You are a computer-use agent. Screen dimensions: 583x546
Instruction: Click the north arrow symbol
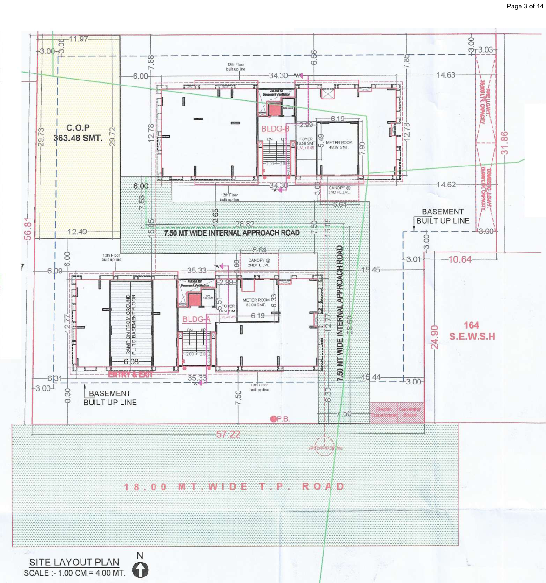point(140,569)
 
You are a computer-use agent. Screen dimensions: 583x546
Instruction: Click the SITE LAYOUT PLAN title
point(74,562)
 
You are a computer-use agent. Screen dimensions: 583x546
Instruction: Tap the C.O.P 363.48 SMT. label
point(78,132)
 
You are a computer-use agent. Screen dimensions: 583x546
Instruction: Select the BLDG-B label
point(275,129)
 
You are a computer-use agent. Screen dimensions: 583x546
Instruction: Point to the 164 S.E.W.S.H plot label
point(472,331)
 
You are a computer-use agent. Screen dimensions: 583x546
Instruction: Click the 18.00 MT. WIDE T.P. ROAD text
point(234,487)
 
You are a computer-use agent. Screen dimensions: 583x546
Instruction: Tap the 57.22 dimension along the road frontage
point(228,434)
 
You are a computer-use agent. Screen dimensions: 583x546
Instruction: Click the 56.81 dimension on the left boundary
point(28,229)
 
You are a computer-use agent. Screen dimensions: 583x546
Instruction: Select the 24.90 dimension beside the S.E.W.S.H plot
point(434,337)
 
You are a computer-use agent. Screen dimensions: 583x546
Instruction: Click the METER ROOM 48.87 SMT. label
point(339,145)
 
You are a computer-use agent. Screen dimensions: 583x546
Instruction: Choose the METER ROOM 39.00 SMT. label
point(256,302)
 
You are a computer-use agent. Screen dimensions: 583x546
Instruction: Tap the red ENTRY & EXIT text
point(130,374)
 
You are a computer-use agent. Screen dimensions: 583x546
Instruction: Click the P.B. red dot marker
point(274,419)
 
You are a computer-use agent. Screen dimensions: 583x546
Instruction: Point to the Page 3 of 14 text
point(525,6)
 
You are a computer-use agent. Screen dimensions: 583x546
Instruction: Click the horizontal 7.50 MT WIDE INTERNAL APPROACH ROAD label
point(231,232)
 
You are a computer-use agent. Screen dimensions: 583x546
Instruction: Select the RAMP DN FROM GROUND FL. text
point(131,325)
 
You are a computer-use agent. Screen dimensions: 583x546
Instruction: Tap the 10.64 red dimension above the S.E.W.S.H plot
point(459,259)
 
